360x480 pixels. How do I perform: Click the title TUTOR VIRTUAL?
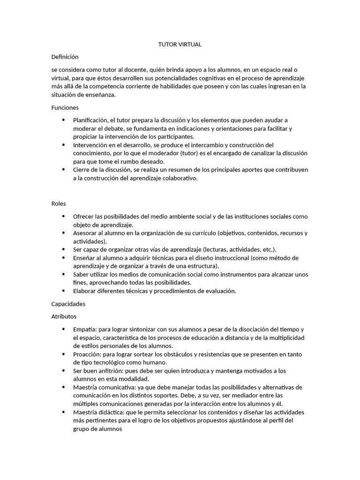click(180, 45)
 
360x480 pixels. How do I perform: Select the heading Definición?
click(65, 57)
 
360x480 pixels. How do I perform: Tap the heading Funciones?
click(65, 107)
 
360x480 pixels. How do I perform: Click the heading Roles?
click(59, 203)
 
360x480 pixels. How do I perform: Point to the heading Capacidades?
click(68, 304)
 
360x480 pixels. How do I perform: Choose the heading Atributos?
click(64, 316)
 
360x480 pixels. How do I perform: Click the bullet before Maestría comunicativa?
click(64, 387)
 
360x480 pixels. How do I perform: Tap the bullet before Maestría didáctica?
click(64, 412)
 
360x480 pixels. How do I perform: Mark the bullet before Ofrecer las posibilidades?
click(64, 217)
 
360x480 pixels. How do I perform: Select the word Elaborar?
click(85, 291)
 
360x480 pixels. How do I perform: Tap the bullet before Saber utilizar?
click(64, 274)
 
